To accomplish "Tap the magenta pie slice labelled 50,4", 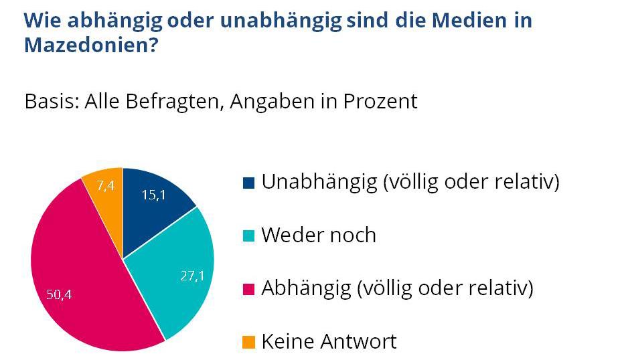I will (x=87, y=281).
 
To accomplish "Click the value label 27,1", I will (x=192, y=276).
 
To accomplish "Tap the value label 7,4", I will (x=106, y=186).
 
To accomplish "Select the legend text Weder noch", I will (x=319, y=236).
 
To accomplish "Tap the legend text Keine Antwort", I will (x=329, y=342).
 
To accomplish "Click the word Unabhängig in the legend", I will (x=319, y=182).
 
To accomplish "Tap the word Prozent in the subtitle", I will (x=380, y=102).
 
